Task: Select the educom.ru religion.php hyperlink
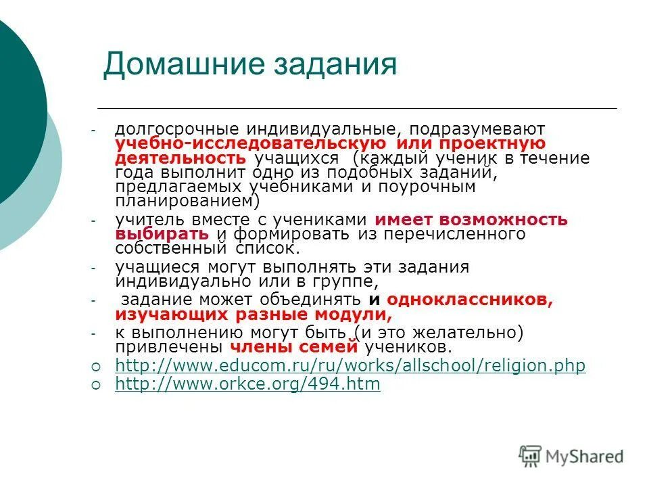(x=350, y=366)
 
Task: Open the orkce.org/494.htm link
(x=247, y=384)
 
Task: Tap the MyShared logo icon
(x=531, y=456)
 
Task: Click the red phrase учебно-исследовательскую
(x=251, y=143)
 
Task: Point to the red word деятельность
(x=181, y=158)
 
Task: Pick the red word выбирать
(x=162, y=234)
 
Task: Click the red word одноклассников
(x=471, y=300)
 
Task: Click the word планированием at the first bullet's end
(x=185, y=201)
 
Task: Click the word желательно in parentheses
(x=463, y=333)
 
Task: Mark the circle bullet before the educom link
(x=95, y=367)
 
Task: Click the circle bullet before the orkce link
(x=95, y=385)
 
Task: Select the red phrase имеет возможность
(x=471, y=220)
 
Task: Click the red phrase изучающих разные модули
(x=254, y=315)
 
